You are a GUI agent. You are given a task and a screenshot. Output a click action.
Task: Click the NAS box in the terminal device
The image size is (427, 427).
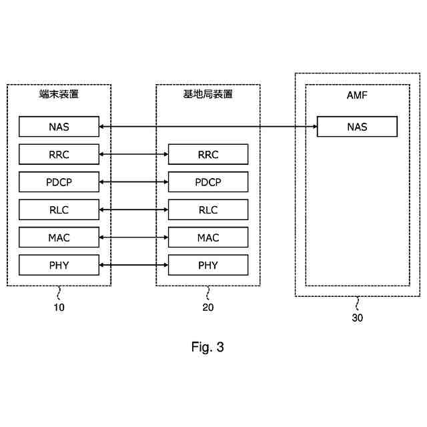point(59,127)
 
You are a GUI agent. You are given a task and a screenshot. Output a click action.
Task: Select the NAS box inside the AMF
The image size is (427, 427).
point(357,127)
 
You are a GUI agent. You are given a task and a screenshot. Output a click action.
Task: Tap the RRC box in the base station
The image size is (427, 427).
point(208,155)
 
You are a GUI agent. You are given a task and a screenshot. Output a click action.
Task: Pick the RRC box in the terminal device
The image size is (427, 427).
point(59,155)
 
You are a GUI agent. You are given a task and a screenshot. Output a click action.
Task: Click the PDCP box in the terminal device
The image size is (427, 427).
point(59,182)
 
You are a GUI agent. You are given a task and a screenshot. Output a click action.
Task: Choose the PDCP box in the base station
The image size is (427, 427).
point(208,182)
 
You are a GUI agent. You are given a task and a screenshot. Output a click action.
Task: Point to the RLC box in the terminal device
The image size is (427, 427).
point(59,210)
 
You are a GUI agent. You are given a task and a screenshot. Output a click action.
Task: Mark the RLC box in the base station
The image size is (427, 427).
point(208,210)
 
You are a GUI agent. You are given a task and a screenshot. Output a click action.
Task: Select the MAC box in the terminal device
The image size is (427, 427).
point(59,238)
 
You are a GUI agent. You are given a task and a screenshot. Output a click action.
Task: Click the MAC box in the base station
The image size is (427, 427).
point(208,238)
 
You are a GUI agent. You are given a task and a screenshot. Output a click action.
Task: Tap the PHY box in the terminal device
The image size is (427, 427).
point(59,266)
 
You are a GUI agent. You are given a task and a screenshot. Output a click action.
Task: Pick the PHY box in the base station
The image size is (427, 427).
point(208,266)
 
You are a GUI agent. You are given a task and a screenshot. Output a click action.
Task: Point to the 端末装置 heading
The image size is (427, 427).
point(59,95)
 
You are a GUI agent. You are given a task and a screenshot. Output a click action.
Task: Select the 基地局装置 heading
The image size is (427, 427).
point(208,95)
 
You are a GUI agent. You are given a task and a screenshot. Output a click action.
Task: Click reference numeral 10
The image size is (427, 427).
point(59,308)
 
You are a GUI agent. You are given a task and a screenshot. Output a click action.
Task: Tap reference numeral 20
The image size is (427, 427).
point(208,308)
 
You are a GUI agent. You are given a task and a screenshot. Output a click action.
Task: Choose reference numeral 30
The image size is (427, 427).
point(358,318)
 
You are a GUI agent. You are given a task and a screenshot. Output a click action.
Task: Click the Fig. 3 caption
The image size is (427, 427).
point(207,347)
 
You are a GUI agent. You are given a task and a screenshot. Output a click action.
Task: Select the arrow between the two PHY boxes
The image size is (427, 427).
point(133,266)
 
